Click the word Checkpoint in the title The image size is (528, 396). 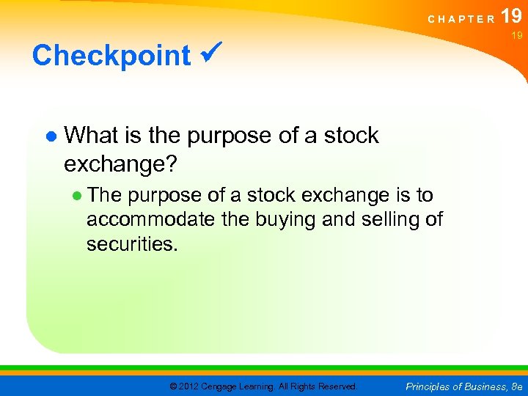[x=111, y=56]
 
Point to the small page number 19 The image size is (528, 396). [x=517, y=35]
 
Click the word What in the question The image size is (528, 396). [x=94, y=136]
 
